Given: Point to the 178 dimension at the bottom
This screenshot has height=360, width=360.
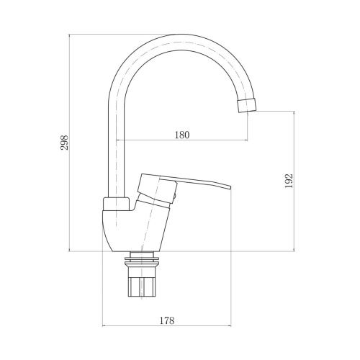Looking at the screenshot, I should [x=167, y=320].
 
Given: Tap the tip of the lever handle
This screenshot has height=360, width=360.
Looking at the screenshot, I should [x=227, y=187].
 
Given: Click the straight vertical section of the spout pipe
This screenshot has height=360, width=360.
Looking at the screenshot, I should [x=117, y=144].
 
